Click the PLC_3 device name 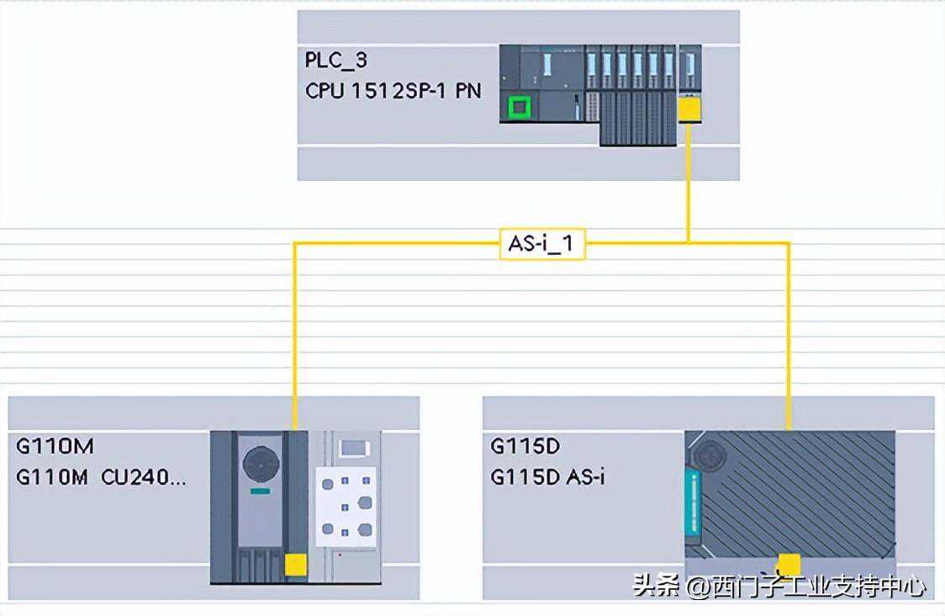pos(336,61)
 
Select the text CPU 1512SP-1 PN pos(393,91)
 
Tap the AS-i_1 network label pos(542,245)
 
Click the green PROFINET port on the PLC pos(519,107)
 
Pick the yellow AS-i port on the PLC pos(689,109)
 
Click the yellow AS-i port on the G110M pos(295,566)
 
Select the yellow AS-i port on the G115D pos(789,564)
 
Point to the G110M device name pos(55,445)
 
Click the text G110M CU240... pos(101,477)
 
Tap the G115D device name pos(525,445)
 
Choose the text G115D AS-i pos(547,477)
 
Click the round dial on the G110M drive pos(260,463)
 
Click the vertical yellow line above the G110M pos(294,337)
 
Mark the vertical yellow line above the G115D pos(789,337)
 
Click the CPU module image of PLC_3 pos(542,84)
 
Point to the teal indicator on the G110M pos(260,491)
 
